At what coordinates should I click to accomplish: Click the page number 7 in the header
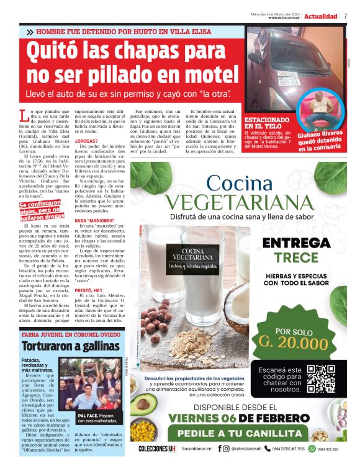tap(345, 16)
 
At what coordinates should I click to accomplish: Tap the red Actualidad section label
tap(321, 16)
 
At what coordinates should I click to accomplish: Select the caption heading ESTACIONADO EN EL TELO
tap(266, 122)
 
